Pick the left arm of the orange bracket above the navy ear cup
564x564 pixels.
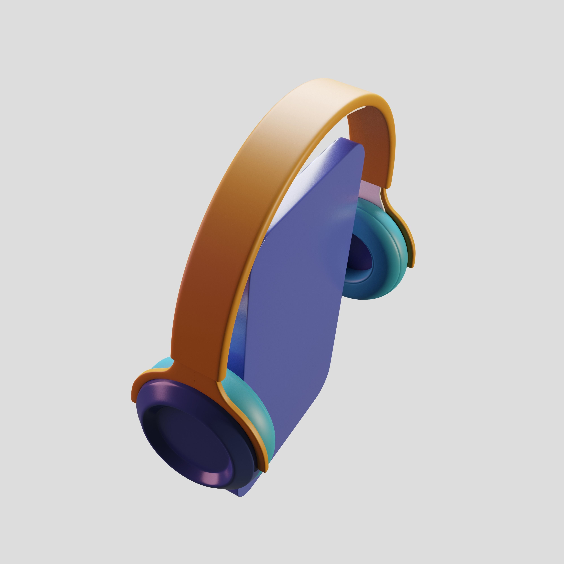click(x=143, y=382)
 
